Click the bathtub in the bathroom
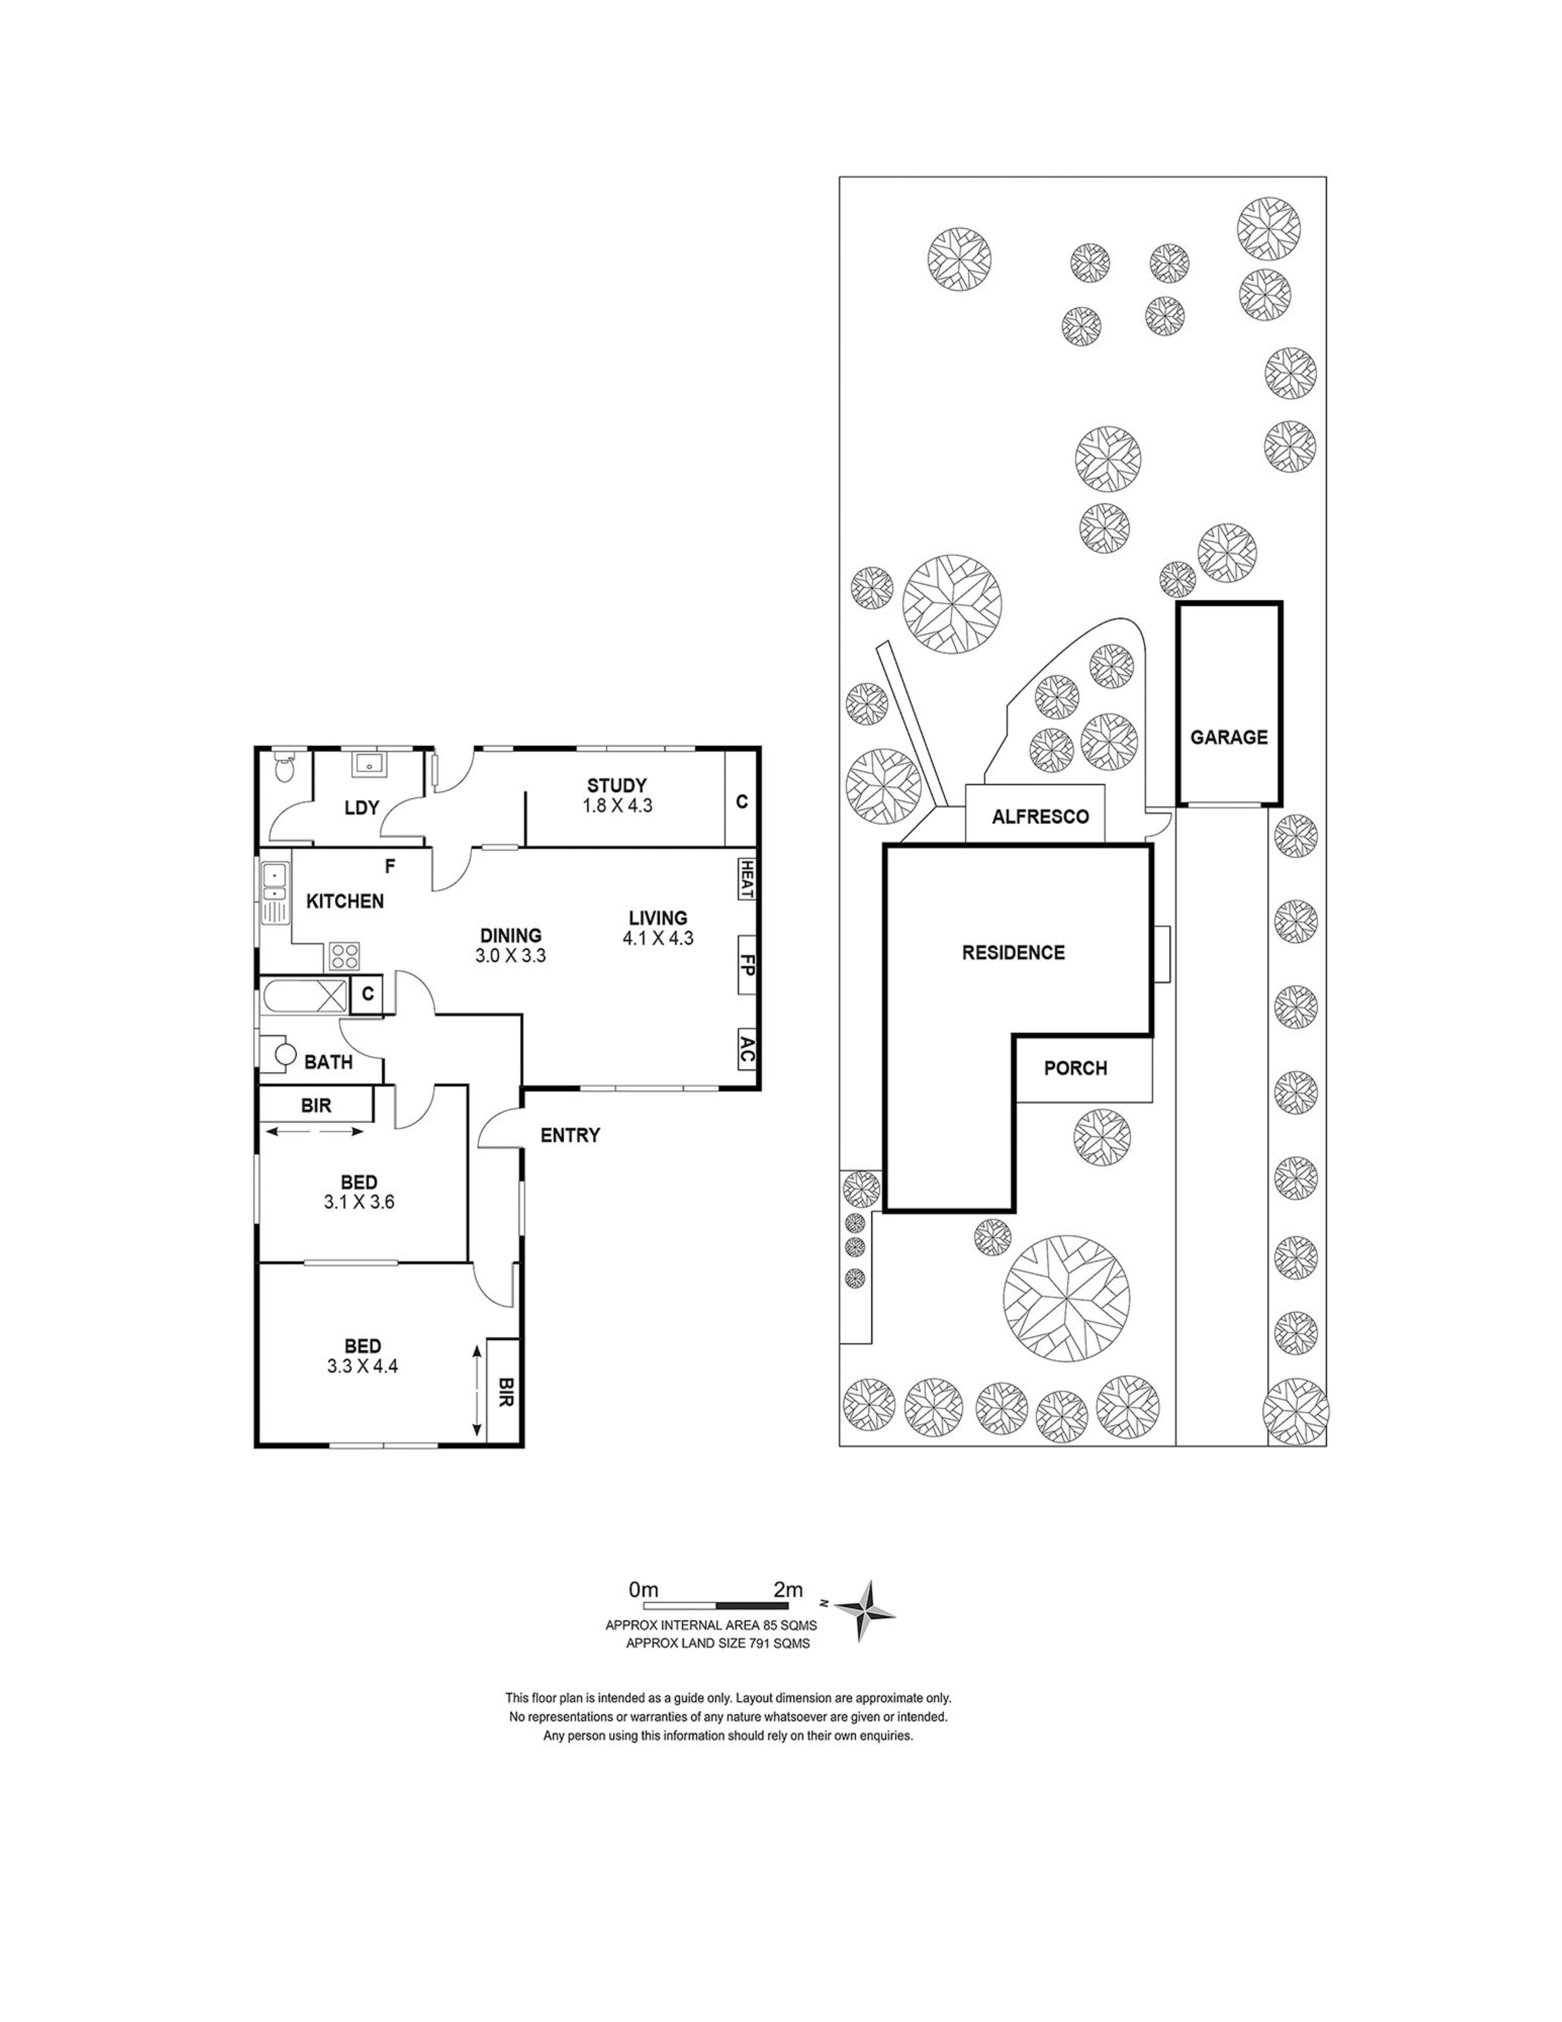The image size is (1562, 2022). point(305,996)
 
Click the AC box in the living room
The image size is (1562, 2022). point(746,1049)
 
